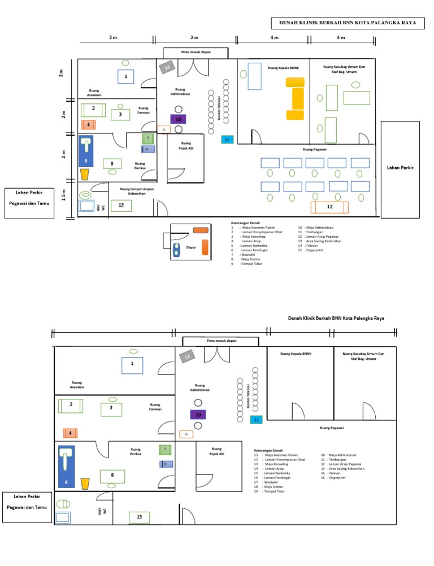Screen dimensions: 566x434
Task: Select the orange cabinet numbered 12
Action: click(x=329, y=207)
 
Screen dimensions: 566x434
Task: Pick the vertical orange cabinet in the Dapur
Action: click(x=205, y=247)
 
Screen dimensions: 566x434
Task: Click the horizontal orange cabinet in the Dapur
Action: click(x=201, y=230)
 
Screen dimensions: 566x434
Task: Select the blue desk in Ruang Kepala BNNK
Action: click(x=254, y=76)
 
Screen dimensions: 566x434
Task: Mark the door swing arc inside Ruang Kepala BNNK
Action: click(x=255, y=137)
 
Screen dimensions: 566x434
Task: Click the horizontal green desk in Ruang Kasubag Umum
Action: click(x=357, y=98)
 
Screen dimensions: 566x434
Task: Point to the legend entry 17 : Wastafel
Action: click(x=270, y=482)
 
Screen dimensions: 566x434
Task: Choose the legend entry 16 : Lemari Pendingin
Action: click(x=274, y=477)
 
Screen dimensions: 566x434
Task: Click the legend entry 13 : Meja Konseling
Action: click(x=273, y=464)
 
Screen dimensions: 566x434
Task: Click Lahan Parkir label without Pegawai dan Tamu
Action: click(x=400, y=168)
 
